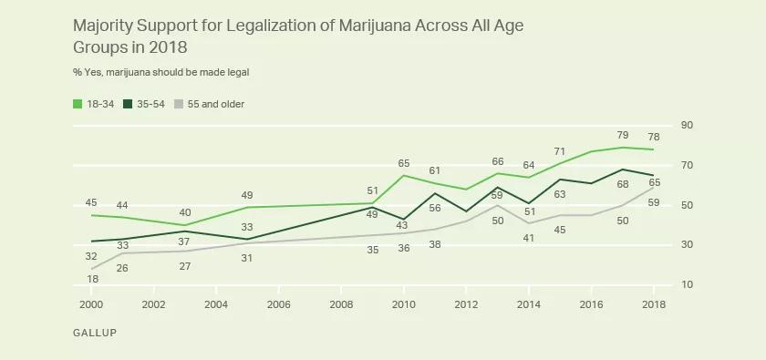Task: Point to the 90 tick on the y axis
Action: (x=687, y=126)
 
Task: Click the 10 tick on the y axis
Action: (x=687, y=285)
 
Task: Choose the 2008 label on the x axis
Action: (x=341, y=304)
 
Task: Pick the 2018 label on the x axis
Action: (x=654, y=304)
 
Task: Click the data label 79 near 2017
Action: (x=622, y=135)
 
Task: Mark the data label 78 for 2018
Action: (x=654, y=135)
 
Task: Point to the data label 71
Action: (x=559, y=150)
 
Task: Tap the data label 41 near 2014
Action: (x=528, y=238)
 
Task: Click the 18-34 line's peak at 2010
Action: (x=404, y=175)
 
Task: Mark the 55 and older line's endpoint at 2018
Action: (x=654, y=187)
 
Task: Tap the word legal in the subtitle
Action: (x=236, y=71)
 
